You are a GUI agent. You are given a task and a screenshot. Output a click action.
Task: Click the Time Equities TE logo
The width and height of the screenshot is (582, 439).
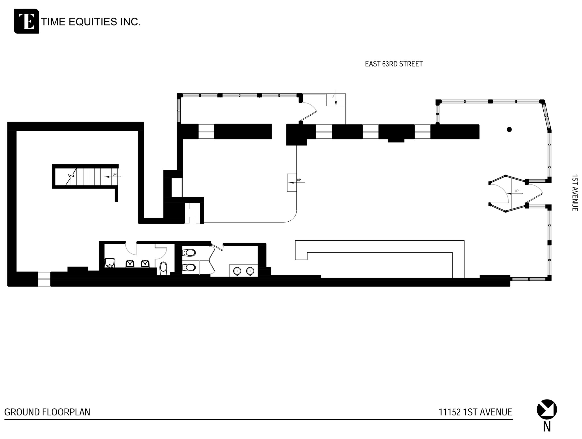(x=26, y=21)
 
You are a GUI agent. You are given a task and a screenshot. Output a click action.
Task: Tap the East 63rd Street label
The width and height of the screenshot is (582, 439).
(x=394, y=64)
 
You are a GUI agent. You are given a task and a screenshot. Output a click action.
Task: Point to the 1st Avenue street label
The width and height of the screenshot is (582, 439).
(x=574, y=193)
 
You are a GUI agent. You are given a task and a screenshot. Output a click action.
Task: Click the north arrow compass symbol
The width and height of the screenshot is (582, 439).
(x=546, y=409)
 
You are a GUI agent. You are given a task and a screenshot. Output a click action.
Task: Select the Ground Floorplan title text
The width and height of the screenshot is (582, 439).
(x=47, y=412)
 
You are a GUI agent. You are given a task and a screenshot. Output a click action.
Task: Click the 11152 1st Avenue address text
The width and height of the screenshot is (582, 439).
(x=475, y=412)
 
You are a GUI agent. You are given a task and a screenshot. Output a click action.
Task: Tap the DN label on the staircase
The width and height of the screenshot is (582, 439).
(x=115, y=174)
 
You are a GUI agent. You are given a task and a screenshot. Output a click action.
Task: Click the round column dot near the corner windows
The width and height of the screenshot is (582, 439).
(x=509, y=130)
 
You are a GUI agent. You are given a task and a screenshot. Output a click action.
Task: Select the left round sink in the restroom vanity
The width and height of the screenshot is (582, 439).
(x=237, y=271)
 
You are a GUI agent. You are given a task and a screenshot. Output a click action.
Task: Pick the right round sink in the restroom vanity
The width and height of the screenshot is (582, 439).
(x=250, y=271)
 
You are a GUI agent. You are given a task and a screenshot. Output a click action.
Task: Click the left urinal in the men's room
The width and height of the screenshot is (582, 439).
(x=130, y=264)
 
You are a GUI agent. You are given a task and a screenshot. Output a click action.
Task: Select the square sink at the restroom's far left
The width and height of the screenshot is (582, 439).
(x=110, y=263)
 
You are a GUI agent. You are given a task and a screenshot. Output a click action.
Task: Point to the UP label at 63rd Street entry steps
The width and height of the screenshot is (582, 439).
(x=333, y=96)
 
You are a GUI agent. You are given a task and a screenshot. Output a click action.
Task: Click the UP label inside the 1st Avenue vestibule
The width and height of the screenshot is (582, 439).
(x=516, y=191)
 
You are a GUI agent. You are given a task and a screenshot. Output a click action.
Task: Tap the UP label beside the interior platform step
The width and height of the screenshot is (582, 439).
(x=299, y=180)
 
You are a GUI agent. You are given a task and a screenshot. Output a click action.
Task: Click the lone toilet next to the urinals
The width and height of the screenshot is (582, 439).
(x=163, y=268)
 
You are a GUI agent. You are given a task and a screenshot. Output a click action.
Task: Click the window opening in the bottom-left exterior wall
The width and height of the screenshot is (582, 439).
(x=44, y=279)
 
